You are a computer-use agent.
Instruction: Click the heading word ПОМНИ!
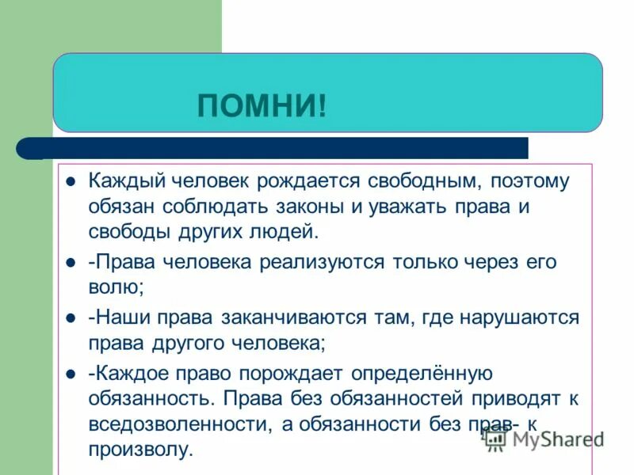(x=262, y=105)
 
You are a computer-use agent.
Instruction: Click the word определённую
(x=425, y=374)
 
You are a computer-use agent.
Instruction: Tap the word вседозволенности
(x=179, y=424)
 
